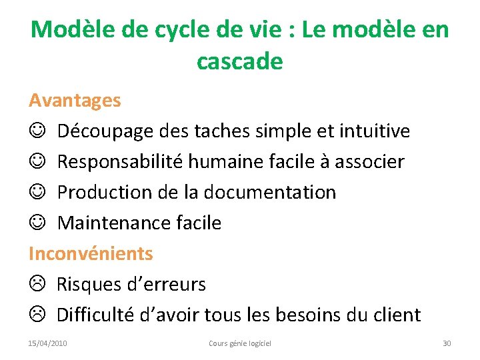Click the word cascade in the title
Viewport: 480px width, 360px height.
(240, 61)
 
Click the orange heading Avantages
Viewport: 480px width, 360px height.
(75, 101)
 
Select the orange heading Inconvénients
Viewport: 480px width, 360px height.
(91, 253)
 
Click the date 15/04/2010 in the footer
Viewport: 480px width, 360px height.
(47, 343)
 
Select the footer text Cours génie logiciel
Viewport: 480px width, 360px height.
(240, 343)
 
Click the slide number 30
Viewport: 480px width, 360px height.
(447, 343)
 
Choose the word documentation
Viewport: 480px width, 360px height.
(270, 193)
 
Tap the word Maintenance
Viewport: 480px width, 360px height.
(109, 223)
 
